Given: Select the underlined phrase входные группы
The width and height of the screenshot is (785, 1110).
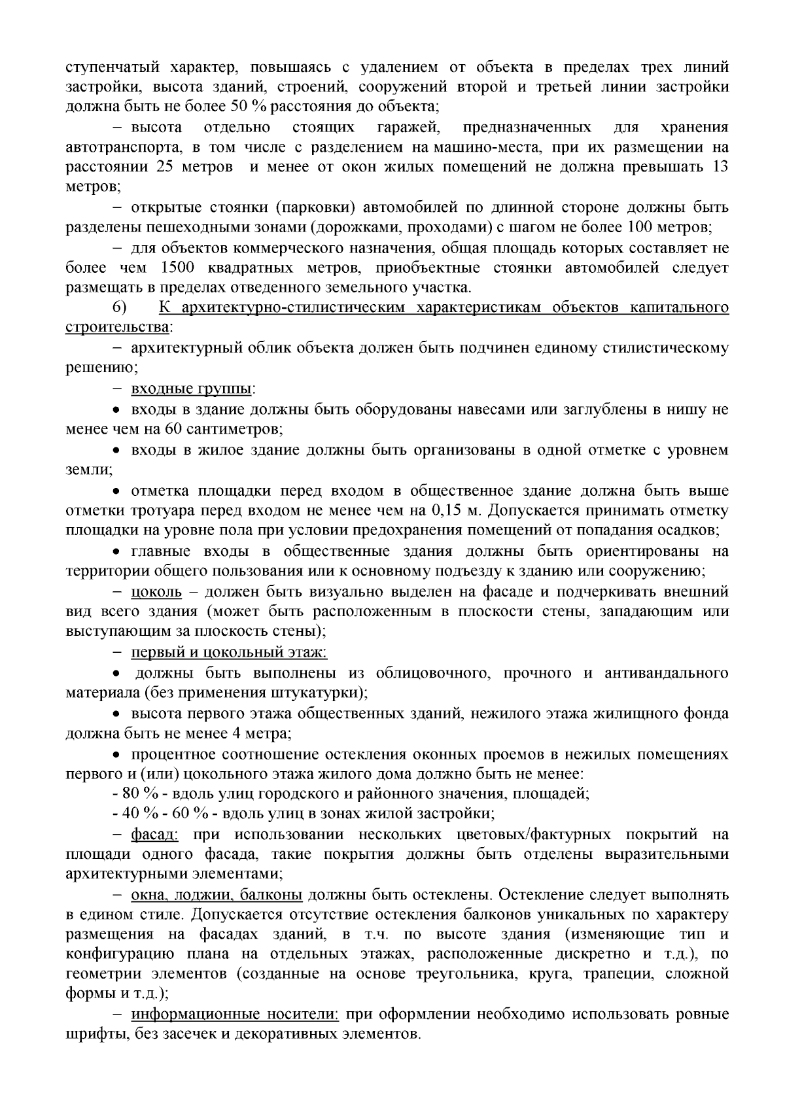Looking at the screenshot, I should click(x=192, y=390).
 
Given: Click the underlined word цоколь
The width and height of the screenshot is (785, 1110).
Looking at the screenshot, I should click(x=156, y=593).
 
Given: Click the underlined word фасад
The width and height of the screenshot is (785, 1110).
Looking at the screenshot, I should click(x=156, y=835).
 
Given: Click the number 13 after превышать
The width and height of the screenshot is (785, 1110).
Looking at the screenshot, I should click(x=719, y=167).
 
